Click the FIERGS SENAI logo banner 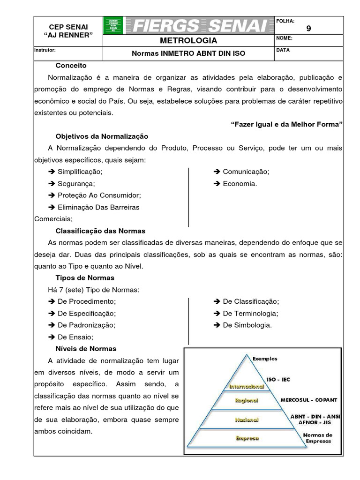(188, 25)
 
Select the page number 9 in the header (308, 28)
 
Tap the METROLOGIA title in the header (188, 41)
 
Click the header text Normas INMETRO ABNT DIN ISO (188, 53)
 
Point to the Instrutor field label (45, 50)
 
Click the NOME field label (285, 38)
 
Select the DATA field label (283, 50)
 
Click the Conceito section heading (71, 65)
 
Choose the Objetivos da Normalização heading (102, 136)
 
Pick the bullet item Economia (240, 183)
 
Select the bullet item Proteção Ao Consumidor (98, 195)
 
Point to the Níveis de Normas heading (86, 349)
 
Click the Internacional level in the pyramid (247, 386)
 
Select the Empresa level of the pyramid (247, 438)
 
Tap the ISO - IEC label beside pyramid (278, 380)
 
